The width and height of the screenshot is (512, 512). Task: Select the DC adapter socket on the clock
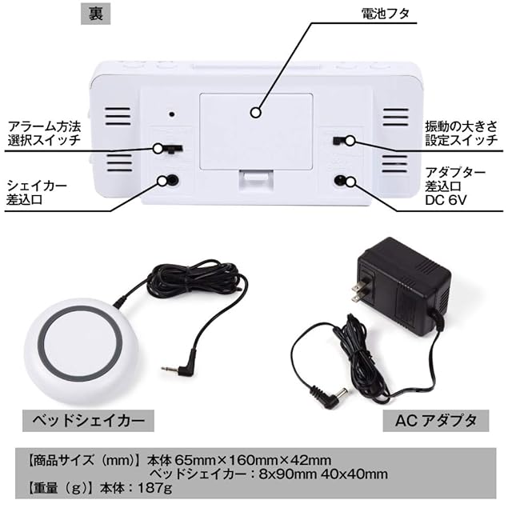click(343, 180)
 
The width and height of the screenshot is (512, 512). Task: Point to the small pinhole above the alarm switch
click(171, 114)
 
